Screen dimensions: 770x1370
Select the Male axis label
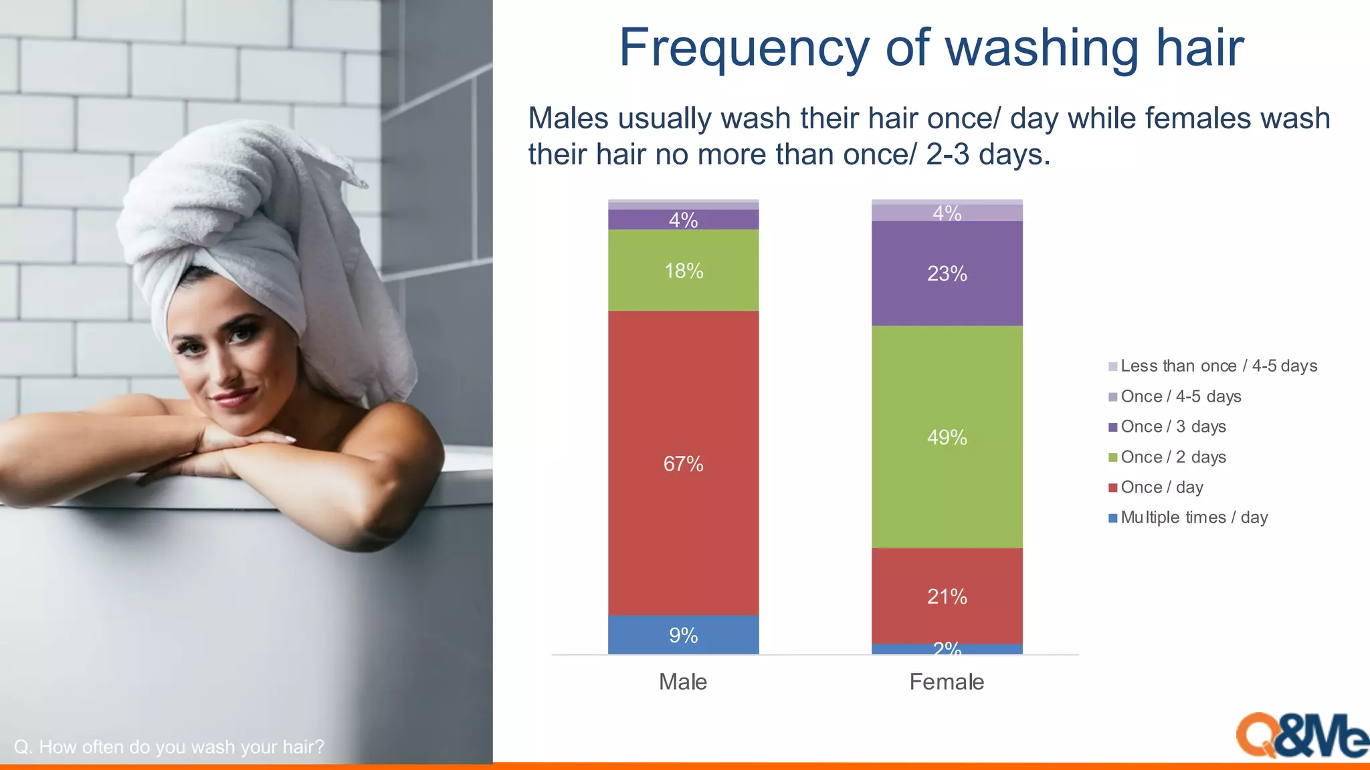[683, 682]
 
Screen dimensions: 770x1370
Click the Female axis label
[947, 682]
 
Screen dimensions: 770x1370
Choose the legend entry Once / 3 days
[1173, 426]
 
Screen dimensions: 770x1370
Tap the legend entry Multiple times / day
[1193, 517]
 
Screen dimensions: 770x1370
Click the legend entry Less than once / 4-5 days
[1218, 366]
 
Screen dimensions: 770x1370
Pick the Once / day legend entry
[1161, 487]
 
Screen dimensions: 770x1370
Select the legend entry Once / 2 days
[1173, 457]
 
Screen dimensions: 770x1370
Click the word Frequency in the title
[743, 48]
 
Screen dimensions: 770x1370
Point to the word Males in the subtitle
[568, 118]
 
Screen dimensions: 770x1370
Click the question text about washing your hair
[169, 747]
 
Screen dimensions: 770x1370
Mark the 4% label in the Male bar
[683, 220]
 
